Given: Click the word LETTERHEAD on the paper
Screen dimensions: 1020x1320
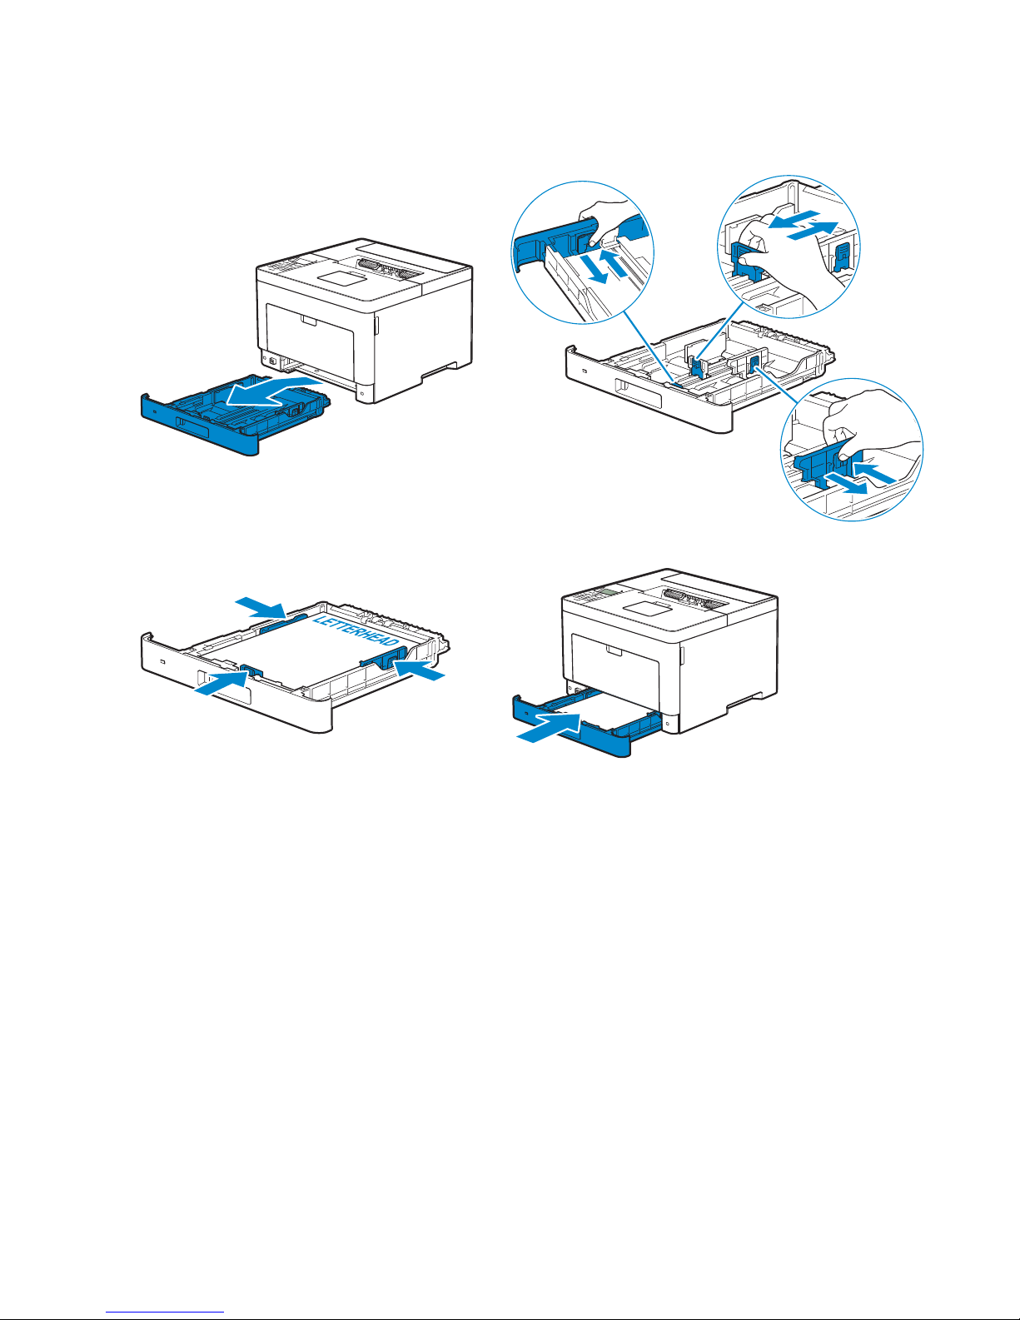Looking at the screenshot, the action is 356,632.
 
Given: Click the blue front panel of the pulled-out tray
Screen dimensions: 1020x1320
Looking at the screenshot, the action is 201,425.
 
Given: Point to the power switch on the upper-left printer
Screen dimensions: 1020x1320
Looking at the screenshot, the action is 271,361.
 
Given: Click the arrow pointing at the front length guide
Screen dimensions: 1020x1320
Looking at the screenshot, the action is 221,681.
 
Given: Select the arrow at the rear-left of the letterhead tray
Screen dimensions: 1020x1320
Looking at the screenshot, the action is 261,607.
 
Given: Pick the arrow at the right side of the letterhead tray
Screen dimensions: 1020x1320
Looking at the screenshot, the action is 419,670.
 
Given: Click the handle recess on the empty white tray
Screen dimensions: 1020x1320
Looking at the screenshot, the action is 638,394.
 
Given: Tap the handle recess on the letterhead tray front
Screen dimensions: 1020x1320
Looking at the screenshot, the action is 225,687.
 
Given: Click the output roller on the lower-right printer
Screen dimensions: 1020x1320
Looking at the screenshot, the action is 696,598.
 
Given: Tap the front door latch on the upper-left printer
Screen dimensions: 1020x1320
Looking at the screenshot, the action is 308,321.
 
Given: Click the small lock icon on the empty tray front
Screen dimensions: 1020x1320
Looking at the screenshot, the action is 585,369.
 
